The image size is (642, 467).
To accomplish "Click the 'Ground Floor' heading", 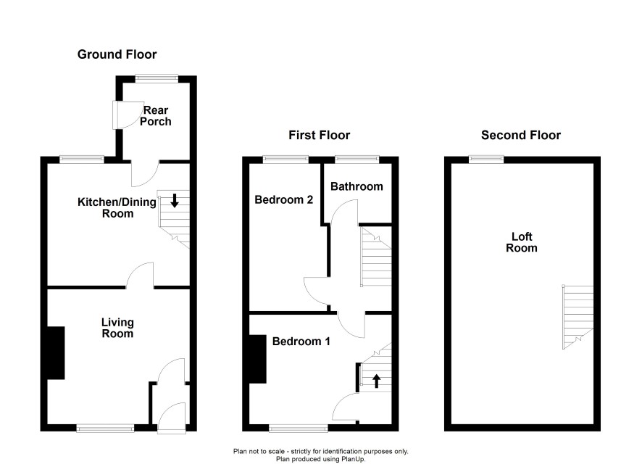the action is (117, 54).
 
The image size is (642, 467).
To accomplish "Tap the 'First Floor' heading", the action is (320, 135).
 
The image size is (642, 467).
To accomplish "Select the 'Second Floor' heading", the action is (521, 135).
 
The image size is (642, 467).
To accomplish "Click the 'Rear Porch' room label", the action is (156, 116).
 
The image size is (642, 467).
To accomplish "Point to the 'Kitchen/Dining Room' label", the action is (117, 207).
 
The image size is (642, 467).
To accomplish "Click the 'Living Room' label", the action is (117, 328).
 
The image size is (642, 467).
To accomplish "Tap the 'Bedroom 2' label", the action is (284, 200).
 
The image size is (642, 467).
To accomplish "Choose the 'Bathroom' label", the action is (357, 186).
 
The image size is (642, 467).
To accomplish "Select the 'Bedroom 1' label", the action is (301, 342).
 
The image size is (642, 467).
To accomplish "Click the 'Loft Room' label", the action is (522, 242).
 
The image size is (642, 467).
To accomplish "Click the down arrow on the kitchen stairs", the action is (175, 200).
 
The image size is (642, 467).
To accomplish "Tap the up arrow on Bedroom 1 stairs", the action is (376, 381).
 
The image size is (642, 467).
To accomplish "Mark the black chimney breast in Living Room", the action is (56, 352).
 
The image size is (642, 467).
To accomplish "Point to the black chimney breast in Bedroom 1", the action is (258, 359).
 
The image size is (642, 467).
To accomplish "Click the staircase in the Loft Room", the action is (578, 318).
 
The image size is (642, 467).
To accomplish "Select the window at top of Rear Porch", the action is (157, 78).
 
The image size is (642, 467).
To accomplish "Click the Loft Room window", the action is (486, 160).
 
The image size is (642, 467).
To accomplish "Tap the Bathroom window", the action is (357, 160).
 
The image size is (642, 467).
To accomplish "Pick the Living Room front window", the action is (105, 428).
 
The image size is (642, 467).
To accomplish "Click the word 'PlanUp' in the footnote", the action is (351, 459).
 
